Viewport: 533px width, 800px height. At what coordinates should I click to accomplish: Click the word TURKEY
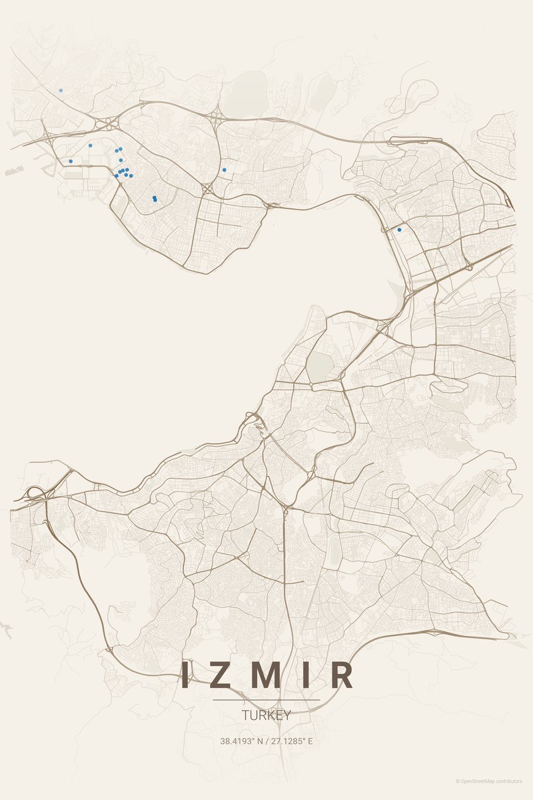point(266,715)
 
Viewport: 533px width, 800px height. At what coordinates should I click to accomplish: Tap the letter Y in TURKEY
point(287,715)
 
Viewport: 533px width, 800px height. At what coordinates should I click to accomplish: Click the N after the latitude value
point(259,741)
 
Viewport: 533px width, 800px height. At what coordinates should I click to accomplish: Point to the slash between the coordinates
point(266,741)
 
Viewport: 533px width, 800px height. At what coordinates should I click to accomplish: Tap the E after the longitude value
point(310,741)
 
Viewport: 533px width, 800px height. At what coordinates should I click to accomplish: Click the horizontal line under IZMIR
point(266,700)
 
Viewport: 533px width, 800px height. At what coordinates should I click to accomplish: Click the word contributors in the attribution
point(510,781)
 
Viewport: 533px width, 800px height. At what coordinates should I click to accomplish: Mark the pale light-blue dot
point(61,90)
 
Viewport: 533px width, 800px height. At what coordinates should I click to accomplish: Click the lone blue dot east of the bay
point(399,229)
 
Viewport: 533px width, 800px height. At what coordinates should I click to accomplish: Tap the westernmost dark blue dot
point(71,161)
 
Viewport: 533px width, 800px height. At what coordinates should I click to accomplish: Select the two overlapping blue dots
point(155,199)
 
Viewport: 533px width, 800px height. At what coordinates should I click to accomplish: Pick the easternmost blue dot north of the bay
point(224,170)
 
